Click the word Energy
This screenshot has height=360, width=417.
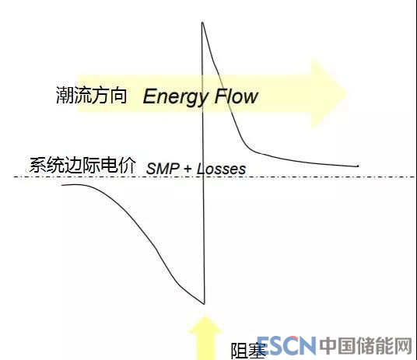click(x=176, y=97)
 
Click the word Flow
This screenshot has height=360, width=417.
click(x=237, y=96)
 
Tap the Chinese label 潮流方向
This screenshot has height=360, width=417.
click(x=91, y=95)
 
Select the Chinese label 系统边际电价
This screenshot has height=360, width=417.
click(x=82, y=166)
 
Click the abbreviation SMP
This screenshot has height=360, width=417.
click(x=163, y=169)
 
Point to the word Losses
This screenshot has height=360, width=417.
click(x=221, y=169)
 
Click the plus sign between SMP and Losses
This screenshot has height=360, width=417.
click(x=187, y=169)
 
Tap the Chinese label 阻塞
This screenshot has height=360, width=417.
click(x=248, y=351)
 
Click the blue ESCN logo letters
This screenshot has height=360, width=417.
click(x=286, y=346)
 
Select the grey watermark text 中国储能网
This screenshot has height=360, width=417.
click(x=366, y=346)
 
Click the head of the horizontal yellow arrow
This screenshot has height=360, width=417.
click(x=330, y=93)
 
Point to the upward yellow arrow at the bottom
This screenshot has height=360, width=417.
click(x=205, y=337)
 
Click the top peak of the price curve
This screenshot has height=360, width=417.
click(x=202, y=23)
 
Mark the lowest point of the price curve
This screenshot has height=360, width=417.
click(x=205, y=304)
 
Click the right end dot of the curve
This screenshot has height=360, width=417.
click(x=358, y=166)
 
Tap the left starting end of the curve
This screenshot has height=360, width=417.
click(x=62, y=185)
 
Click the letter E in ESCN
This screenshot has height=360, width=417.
click(x=265, y=346)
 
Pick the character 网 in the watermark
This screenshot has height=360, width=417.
click(x=404, y=346)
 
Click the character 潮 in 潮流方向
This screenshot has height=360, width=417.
click(x=65, y=95)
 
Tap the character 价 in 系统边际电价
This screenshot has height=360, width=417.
click(x=127, y=166)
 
